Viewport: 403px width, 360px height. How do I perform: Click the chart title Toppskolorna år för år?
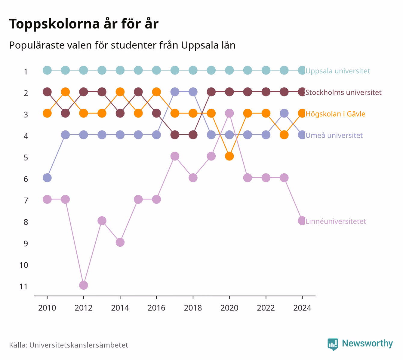[84, 24]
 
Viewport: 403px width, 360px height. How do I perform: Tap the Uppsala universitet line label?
[337, 71]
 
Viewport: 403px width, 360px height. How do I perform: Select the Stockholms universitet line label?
[343, 93]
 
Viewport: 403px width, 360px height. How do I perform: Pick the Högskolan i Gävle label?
[335, 114]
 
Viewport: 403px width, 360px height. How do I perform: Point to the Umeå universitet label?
[334, 135]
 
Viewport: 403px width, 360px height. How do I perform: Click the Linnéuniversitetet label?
[336, 221]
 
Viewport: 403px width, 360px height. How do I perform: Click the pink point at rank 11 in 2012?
[84, 285]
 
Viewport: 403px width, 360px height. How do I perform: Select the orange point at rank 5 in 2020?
[229, 156]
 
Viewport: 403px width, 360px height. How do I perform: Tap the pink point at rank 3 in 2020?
[229, 113]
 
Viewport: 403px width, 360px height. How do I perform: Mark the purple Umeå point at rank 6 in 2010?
[47, 178]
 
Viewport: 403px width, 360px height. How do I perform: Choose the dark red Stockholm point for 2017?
[175, 135]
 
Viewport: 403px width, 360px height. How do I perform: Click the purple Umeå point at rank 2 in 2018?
[193, 92]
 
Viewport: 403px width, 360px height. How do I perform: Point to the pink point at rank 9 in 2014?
[120, 242]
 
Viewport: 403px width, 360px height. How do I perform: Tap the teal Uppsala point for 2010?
[47, 70]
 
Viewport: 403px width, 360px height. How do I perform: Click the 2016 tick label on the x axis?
[156, 308]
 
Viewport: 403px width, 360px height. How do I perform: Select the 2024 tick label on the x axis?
[302, 308]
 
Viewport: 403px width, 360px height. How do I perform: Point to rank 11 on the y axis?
[23, 287]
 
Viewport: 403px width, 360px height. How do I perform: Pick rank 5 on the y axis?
[26, 158]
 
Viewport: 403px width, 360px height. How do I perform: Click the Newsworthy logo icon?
[333, 344]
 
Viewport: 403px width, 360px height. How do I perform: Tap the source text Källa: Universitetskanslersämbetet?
[69, 345]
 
